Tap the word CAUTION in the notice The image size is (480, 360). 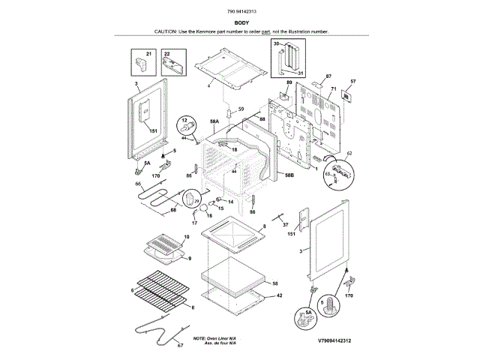coord(166,32)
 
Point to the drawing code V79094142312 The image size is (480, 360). coord(323,340)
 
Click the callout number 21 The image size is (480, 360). coord(148,54)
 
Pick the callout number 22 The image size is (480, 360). coord(166,54)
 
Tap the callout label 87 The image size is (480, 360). coord(328,76)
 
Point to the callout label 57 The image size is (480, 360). coord(354,81)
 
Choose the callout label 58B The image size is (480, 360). coord(289,175)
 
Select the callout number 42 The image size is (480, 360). coord(279,295)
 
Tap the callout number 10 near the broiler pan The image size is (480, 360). coord(186,237)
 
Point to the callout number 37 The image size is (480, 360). coord(286,224)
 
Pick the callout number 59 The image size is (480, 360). coord(241,109)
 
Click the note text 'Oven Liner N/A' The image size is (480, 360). coord(217,339)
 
